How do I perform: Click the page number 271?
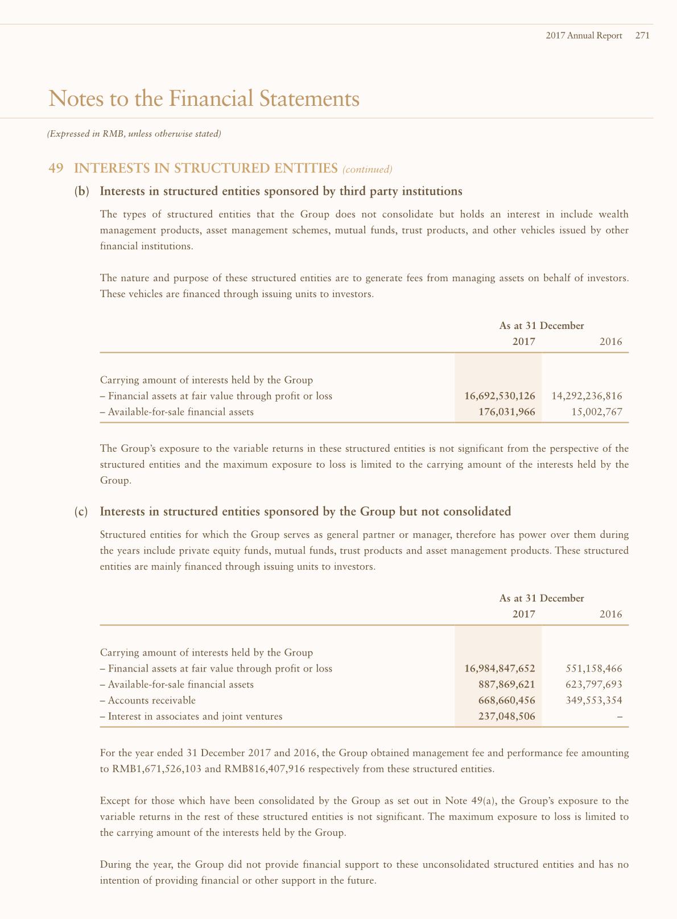point(642,35)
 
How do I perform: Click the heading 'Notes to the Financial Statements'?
point(204,98)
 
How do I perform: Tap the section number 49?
point(56,168)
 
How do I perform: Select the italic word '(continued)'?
point(368,169)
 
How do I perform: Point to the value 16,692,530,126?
point(500,395)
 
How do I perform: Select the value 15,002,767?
point(597,411)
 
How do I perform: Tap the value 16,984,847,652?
point(500,668)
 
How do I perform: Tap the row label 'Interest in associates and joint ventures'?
point(195,716)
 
